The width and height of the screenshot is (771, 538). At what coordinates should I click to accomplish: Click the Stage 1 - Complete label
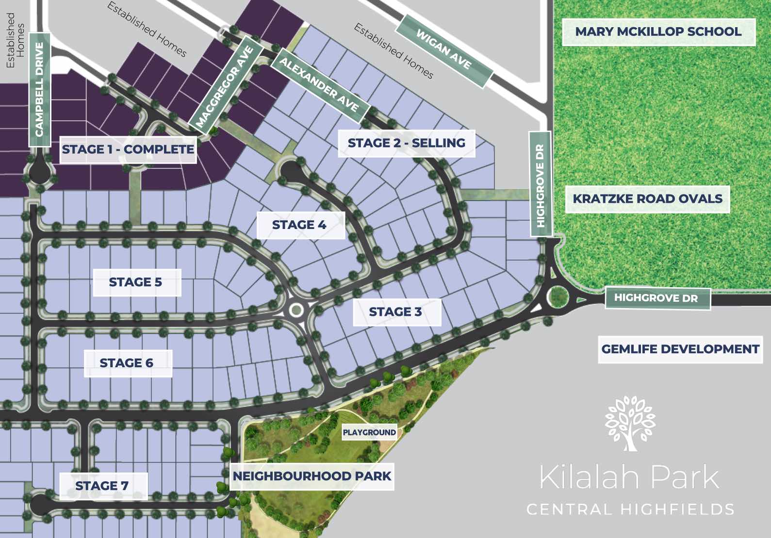click(128, 149)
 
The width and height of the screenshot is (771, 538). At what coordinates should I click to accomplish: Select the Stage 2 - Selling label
click(407, 143)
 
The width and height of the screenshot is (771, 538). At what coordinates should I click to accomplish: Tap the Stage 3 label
click(395, 312)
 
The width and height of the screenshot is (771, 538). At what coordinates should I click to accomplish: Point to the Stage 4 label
click(299, 225)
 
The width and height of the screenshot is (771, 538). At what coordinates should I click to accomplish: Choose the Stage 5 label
click(136, 282)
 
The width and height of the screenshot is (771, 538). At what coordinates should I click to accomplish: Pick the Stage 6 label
click(127, 363)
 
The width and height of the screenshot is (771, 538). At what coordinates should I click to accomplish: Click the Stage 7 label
click(102, 486)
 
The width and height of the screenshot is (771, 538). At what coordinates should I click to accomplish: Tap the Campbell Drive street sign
click(40, 89)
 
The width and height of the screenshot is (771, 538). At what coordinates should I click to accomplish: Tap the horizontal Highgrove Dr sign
click(656, 298)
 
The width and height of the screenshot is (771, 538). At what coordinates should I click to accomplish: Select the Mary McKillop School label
click(658, 32)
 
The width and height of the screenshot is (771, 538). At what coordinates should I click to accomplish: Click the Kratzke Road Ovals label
click(648, 199)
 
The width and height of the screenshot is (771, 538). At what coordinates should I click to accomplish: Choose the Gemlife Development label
click(680, 349)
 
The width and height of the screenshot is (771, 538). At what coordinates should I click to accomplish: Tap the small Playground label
click(369, 432)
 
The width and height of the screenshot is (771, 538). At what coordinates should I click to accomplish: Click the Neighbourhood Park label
click(312, 476)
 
